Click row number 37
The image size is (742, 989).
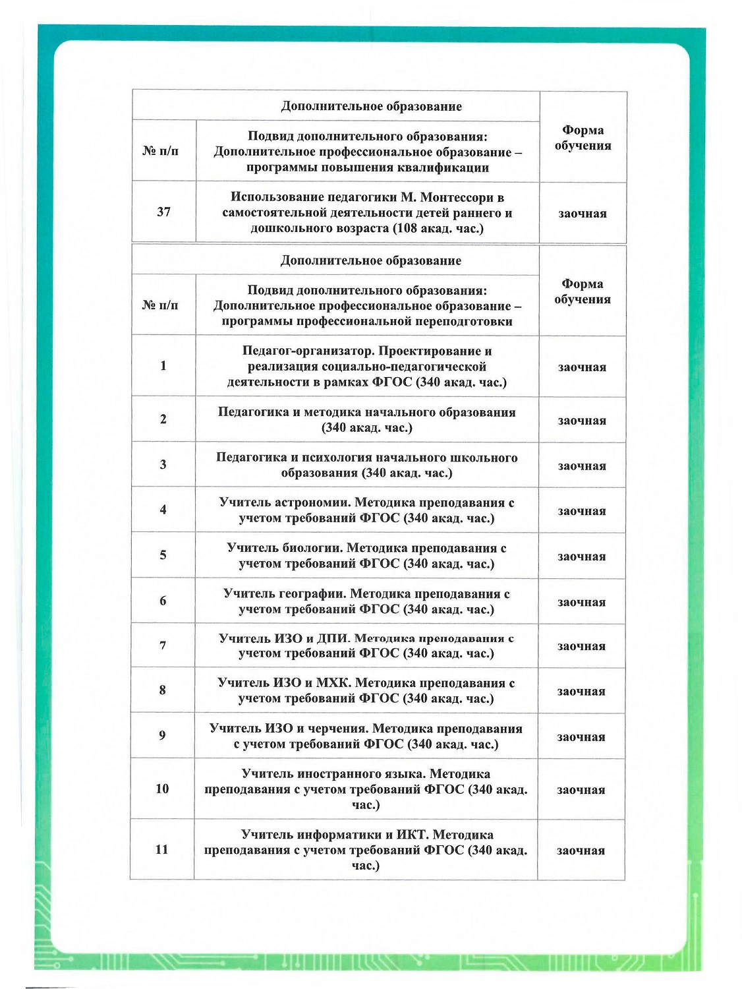[163, 212]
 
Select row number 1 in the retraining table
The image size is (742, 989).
[163, 366]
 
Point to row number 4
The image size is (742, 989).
[163, 510]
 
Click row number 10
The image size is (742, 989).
[162, 789]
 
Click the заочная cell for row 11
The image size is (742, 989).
[581, 851]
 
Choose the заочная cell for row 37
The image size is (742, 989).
[583, 214]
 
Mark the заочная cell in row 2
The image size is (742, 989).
[582, 421]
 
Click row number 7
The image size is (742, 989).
[163, 645]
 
